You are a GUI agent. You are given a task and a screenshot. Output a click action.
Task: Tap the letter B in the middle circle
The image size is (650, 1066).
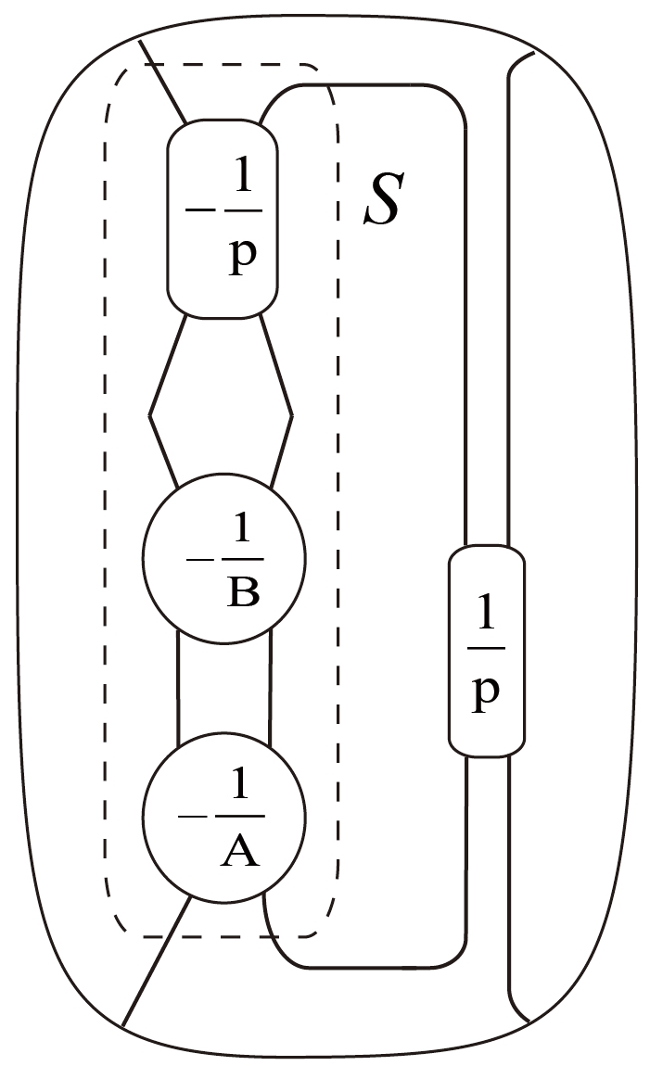coord(242,591)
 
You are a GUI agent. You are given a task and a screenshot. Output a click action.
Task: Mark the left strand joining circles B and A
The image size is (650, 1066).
coord(177,687)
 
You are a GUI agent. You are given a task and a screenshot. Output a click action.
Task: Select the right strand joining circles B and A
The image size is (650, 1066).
coord(270,687)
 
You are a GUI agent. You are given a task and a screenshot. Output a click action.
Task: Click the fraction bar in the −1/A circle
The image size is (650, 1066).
coord(240,817)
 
